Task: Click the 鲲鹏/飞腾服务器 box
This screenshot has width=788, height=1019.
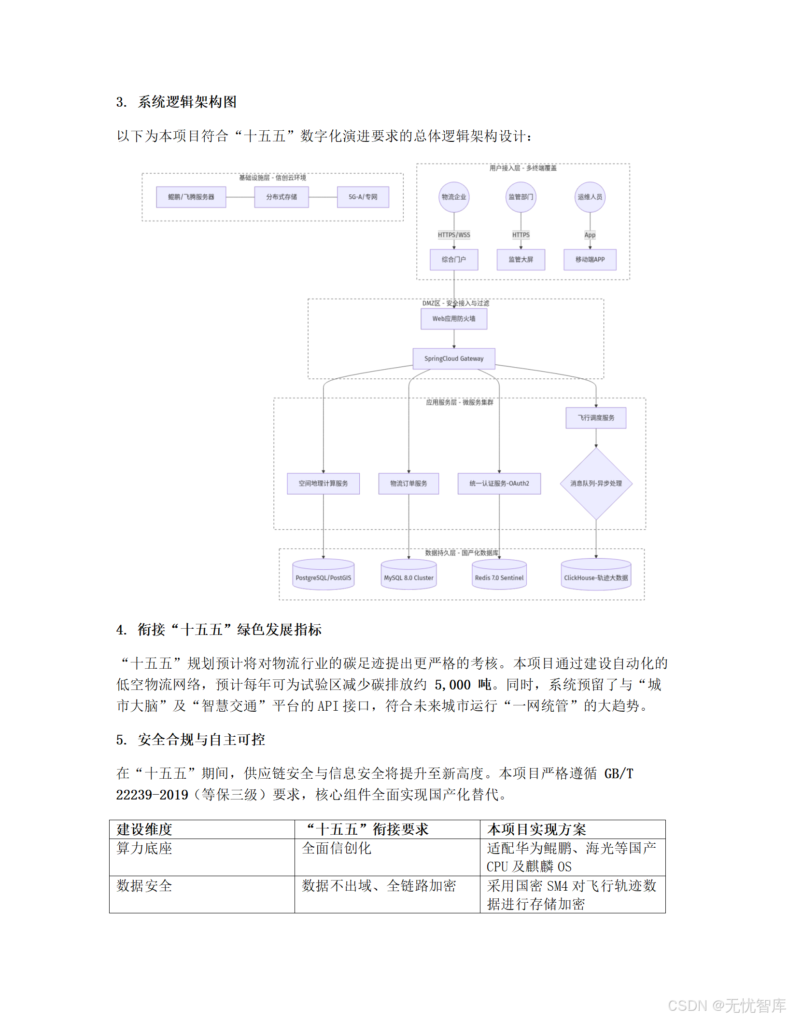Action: [191, 197]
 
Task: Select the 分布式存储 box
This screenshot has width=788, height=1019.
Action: [281, 197]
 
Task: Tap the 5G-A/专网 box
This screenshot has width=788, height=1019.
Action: [363, 197]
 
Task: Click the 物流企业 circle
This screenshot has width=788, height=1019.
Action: [454, 197]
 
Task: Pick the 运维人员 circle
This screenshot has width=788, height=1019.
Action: [590, 197]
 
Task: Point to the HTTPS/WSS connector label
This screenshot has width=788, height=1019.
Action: [454, 235]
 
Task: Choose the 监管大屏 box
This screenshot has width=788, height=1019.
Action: [521, 260]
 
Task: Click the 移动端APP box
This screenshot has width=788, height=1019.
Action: [590, 260]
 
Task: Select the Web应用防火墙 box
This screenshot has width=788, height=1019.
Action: [454, 319]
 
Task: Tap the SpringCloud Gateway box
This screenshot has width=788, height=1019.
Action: [454, 358]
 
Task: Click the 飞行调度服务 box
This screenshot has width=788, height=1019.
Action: [596, 418]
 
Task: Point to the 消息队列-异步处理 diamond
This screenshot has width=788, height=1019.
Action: [596, 483]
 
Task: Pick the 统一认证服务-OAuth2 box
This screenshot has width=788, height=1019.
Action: [499, 483]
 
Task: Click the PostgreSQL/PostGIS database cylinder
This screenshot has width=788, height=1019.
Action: [324, 575]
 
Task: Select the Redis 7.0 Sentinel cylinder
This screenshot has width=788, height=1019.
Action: [499, 575]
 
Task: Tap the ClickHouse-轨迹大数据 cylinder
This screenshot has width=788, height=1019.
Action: [596, 575]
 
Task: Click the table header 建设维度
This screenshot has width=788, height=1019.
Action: [144, 829]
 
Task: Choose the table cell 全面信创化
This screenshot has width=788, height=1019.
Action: [337, 848]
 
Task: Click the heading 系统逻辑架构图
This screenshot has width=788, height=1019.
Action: [187, 102]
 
